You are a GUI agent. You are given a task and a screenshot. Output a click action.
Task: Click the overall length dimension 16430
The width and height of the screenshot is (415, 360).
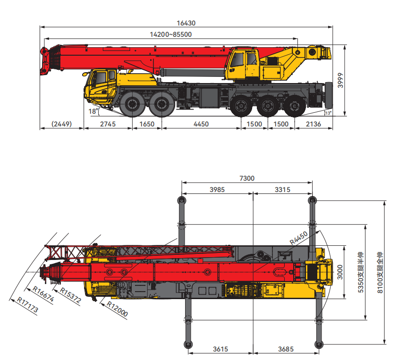tap(186, 23)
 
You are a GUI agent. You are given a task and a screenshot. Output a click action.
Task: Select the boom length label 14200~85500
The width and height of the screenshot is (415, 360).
tap(171, 34)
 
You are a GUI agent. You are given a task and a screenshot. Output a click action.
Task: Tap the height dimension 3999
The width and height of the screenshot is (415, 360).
tap(340, 80)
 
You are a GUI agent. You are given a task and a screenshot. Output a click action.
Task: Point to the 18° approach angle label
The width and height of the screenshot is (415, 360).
tap(93, 111)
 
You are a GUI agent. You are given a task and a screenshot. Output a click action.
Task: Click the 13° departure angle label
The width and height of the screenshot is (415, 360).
tap(328, 113)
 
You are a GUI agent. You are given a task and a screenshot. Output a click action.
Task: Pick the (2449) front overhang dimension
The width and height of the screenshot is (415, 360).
tap(61, 124)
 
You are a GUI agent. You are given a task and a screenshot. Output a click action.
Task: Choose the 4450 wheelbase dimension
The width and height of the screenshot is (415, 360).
tap(201, 124)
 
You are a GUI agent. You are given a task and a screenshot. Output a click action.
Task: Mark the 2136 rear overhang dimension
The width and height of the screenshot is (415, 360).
tap(313, 124)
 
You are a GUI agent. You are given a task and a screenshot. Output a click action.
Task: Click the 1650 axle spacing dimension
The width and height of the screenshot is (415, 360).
tap(147, 124)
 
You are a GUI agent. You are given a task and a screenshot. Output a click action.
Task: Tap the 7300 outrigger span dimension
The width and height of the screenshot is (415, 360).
tap(247, 178)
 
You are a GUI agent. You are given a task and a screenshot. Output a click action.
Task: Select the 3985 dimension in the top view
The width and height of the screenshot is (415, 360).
tap(217, 190)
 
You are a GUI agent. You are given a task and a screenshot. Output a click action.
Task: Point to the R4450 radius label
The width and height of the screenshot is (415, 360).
tap(298, 238)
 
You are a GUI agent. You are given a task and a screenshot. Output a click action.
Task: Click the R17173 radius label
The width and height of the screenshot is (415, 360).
tap(27, 305)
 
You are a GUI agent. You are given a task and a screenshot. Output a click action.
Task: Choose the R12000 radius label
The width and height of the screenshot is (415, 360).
tap(117, 309)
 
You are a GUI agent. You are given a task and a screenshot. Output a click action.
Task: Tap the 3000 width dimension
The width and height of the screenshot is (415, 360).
tap(340, 272)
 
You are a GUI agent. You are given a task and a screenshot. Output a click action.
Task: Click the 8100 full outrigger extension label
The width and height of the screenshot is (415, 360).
tap(380, 272)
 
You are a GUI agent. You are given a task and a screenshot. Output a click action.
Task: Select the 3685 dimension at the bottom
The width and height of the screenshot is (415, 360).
tap(286, 350)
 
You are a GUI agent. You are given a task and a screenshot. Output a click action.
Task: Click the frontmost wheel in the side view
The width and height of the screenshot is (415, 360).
tap(132, 104)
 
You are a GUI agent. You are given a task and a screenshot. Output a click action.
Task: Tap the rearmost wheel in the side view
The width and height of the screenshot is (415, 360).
tap(294, 106)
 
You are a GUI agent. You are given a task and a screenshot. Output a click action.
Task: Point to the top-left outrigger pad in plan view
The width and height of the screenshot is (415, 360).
tap(181, 200)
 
